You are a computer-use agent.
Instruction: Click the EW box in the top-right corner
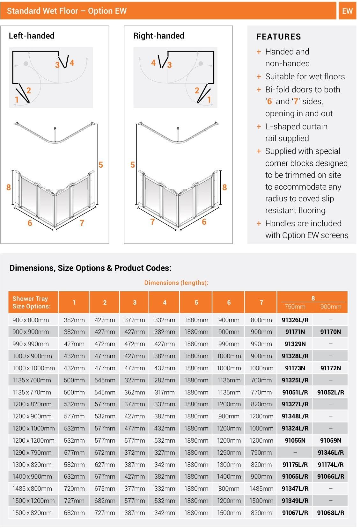tap(347, 11)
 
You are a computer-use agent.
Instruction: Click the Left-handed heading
tap(32, 36)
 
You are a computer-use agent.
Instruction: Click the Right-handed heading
tap(158, 36)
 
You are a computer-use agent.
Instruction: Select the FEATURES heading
tap(278, 37)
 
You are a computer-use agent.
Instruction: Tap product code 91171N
tap(295, 332)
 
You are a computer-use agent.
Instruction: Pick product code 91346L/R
tap(330, 452)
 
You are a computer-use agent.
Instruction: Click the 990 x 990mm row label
tap(31, 344)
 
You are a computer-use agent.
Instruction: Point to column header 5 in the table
tap(196, 302)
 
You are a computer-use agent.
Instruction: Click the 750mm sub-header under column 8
tap(295, 307)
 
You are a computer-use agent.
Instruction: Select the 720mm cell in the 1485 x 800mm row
tap(74, 488)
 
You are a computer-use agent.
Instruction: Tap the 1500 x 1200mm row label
tap(33, 501)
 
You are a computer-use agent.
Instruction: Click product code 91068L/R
tap(330, 513)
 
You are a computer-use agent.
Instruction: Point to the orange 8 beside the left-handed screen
tap(9, 187)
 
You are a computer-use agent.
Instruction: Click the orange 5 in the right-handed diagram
tap(133, 165)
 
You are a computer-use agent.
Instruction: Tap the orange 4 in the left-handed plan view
tap(72, 63)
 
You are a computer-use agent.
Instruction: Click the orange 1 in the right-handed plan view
tap(209, 100)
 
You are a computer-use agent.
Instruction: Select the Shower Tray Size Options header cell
tap(32, 302)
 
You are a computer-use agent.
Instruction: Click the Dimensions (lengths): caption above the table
tap(176, 283)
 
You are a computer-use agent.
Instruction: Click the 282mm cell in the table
tap(165, 380)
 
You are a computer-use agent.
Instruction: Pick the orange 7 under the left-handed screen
tap(82, 223)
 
